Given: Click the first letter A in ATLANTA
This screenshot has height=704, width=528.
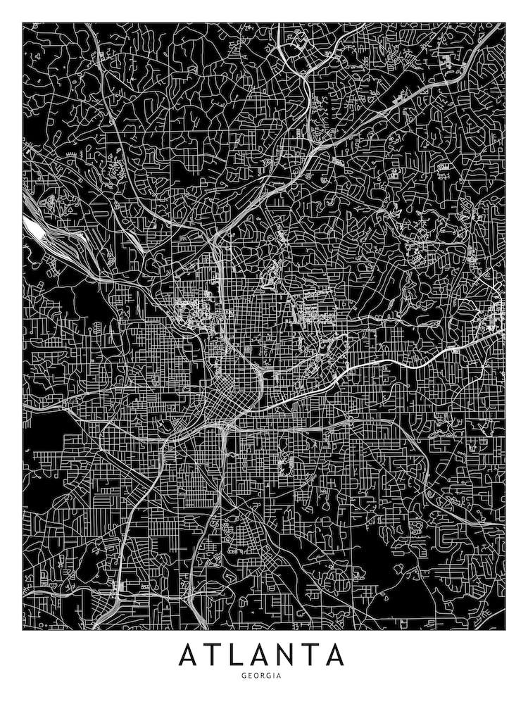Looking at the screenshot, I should (189, 655).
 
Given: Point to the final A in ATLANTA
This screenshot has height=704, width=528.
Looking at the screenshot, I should (335, 655).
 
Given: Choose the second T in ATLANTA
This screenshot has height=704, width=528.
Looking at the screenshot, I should (312, 655).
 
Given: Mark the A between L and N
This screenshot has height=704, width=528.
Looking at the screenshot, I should (263, 655).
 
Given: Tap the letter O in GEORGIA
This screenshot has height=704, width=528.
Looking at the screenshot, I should (256, 676).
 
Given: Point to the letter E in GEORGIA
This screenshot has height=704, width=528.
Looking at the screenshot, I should (249, 676).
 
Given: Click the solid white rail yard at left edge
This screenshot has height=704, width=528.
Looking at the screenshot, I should (32, 226).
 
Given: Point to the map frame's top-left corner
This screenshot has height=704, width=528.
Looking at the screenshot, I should (23, 23).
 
